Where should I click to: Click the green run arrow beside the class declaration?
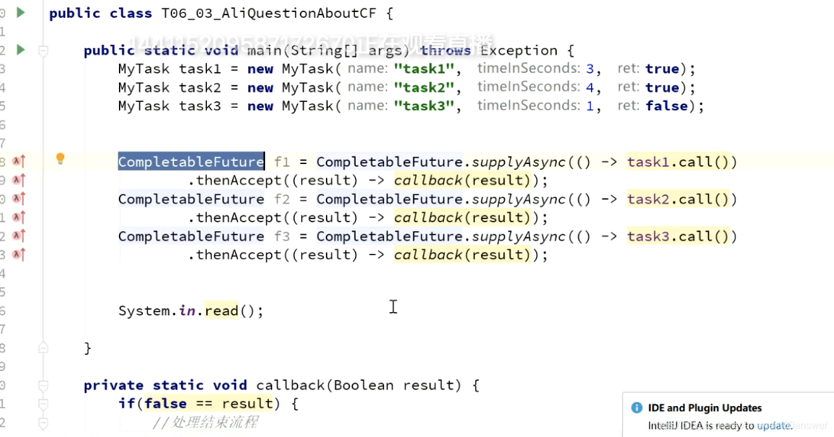pyautogui.click(x=21, y=12)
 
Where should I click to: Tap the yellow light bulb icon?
pyautogui.click(x=60, y=158)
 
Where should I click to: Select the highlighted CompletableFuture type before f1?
pyautogui.click(x=191, y=161)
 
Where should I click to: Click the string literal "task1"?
pyautogui.click(x=427, y=69)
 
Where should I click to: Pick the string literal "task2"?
pyautogui.click(x=427, y=87)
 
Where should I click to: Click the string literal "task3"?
pyautogui.click(x=427, y=106)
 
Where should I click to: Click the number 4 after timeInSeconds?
pyautogui.click(x=590, y=87)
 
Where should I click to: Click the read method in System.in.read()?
pyautogui.click(x=221, y=311)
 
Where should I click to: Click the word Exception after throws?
pyautogui.click(x=518, y=51)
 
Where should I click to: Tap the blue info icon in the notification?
pyautogui.click(x=637, y=408)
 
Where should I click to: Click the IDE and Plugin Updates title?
pyautogui.click(x=705, y=408)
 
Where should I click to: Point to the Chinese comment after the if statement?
pyautogui.click(x=205, y=422)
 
